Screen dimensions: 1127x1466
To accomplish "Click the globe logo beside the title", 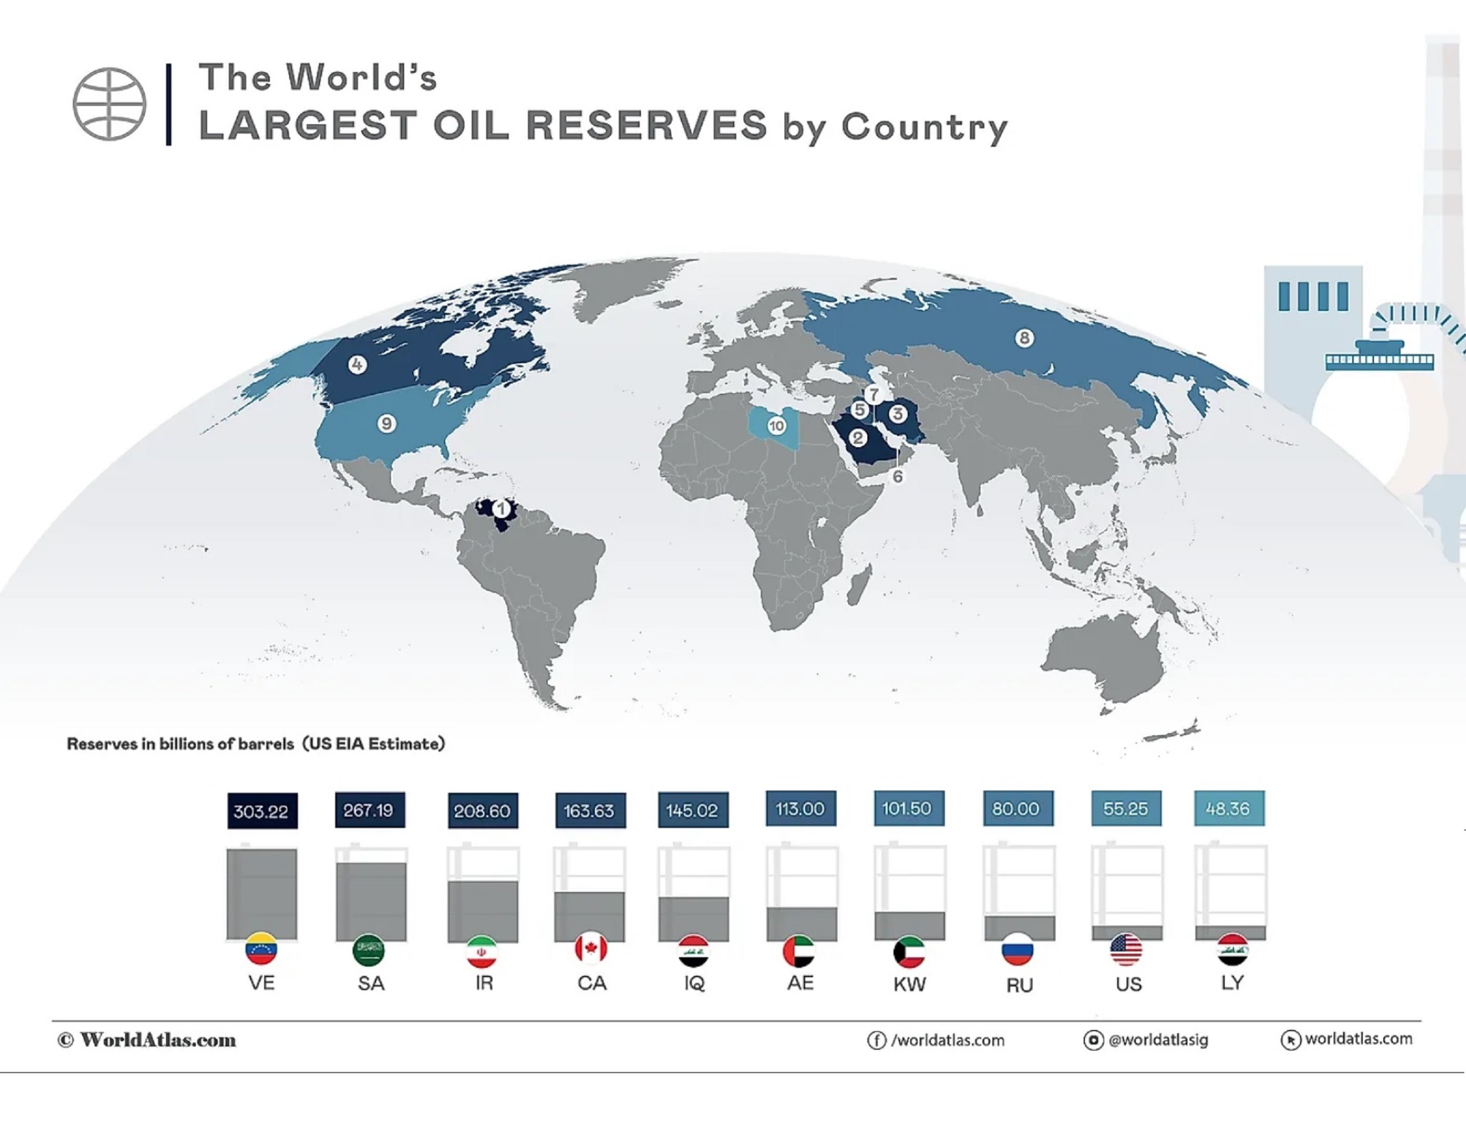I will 109,104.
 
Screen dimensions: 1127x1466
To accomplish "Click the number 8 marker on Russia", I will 1024,338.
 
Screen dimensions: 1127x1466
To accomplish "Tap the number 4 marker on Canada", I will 357,365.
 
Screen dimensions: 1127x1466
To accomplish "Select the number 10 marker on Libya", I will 777,426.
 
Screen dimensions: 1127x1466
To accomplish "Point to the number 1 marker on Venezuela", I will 500,510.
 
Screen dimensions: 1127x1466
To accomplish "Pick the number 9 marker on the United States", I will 386,424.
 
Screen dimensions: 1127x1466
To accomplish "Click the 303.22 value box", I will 262,811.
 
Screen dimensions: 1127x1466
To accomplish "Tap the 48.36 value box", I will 1229,809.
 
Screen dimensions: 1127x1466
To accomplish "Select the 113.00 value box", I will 800,809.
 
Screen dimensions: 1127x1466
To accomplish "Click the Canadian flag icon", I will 591,948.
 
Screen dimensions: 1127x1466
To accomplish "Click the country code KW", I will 910,984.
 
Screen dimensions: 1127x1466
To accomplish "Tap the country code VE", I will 262,983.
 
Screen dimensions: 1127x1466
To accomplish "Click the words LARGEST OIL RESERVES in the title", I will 483,126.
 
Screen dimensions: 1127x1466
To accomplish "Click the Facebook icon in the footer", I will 876,1041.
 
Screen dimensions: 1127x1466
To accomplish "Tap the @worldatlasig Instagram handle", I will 1158,1040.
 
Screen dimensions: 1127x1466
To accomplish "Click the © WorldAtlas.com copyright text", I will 147,1040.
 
